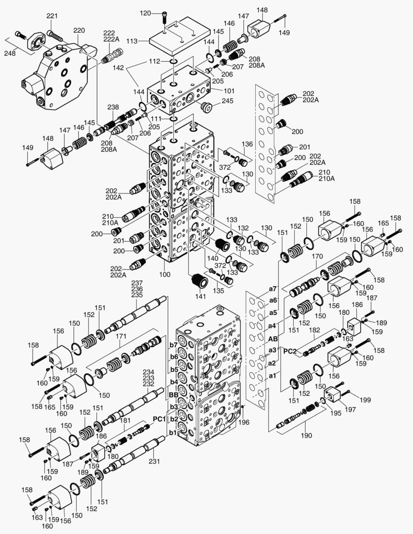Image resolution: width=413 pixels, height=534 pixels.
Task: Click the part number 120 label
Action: click(x=145, y=13)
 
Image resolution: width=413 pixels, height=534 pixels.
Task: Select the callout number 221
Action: click(x=52, y=16)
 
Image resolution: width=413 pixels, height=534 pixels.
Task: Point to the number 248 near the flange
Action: click(x=10, y=53)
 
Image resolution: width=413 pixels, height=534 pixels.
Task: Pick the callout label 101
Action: click(x=229, y=91)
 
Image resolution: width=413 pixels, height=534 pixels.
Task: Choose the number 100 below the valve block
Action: click(x=165, y=274)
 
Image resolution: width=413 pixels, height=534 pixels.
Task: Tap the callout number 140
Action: click(x=213, y=259)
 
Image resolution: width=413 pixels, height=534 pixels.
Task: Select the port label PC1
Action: click(x=159, y=419)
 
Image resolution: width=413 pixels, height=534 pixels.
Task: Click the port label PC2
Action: click(x=290, y=351)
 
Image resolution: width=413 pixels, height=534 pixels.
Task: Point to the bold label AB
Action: click(x=273, y=339)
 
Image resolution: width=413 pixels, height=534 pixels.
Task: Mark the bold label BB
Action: click(x=174, y=395)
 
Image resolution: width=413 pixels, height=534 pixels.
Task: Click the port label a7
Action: click(x=273, y=289)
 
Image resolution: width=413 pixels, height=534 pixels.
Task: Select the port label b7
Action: click(x=174, y=345)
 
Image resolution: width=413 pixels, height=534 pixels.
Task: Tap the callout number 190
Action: click(x=306, y=435)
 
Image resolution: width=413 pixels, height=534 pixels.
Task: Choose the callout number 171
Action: click(x=121, y=336)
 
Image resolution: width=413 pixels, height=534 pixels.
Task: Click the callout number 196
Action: click(x=244, y=422)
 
